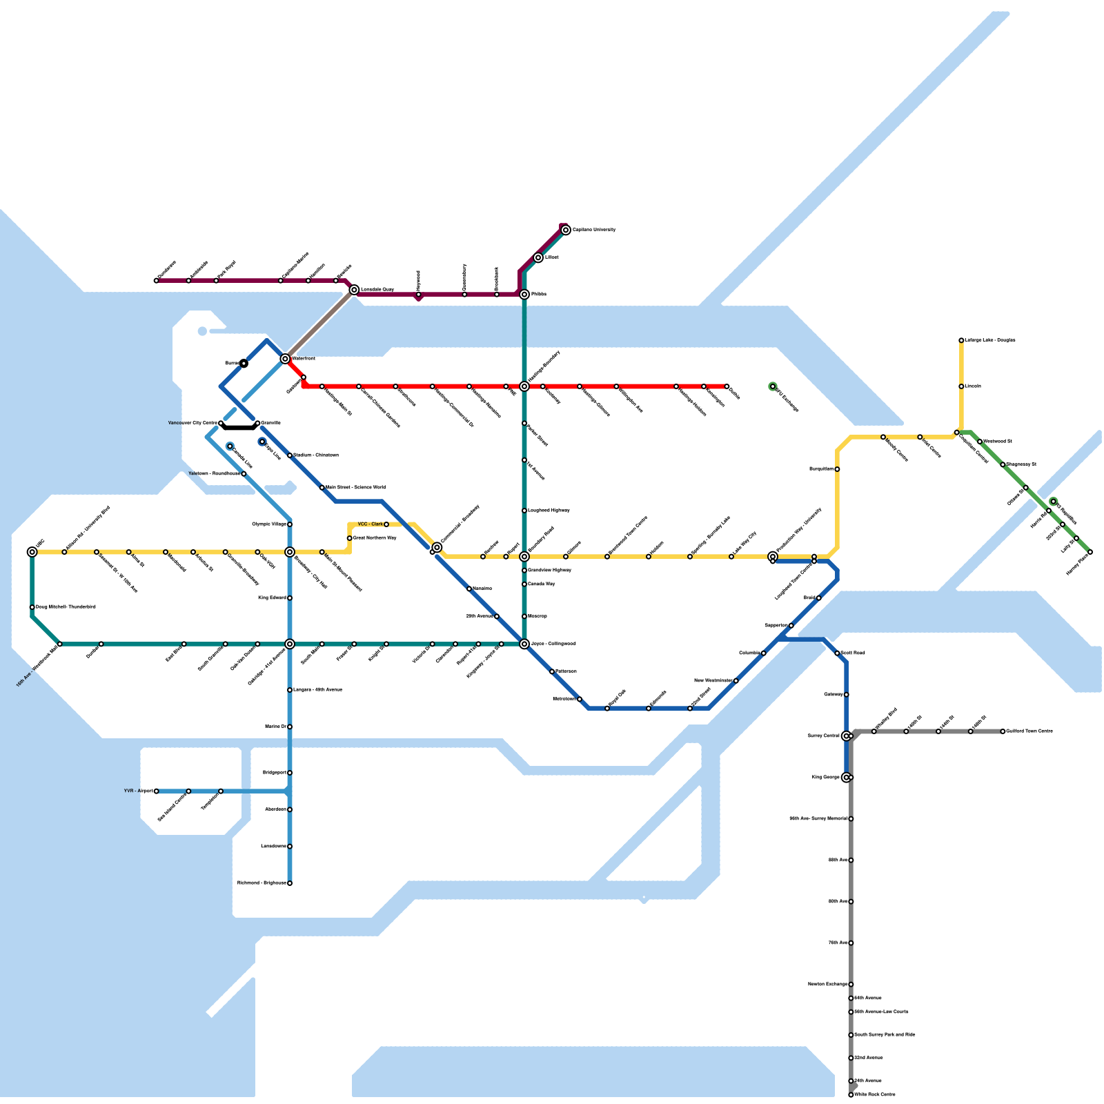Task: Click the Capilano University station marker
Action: (x=566, y=230)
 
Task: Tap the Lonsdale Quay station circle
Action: (x=354, y=290)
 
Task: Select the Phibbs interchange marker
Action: (x=524, y=295)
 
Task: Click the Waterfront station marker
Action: (x=285, y=359)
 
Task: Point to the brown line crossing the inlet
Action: (x=319, y=324)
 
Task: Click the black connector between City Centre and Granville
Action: (x=239, y=427)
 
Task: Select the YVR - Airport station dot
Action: (x=157, y=791)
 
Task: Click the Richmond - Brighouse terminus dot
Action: (x=290, y=883)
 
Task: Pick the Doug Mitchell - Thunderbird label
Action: (x=66, y=607)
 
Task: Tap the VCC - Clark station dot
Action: (x=386, y=524)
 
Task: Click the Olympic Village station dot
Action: (x=290, y=524)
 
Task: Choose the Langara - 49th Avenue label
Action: (x=317, y=690)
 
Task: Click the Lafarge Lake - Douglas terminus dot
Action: (x=961, y=340)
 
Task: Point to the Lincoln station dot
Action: (x=961, y=386)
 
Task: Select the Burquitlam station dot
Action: (x=837, y=469)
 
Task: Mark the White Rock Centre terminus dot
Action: (x=851, y=1095)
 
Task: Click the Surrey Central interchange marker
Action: (x=847, y=736)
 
